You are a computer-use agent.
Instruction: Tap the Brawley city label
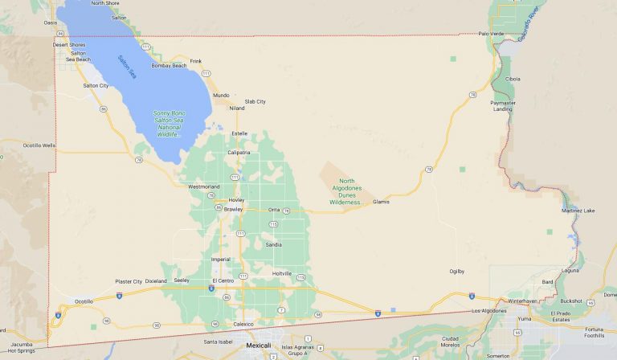[x=233, y=209]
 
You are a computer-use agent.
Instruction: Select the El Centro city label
[x=223, y=280]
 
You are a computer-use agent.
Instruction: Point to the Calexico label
[x=243, y=324]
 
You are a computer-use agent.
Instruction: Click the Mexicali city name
[x=258, y=345]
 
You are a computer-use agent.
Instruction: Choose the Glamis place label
[x=381, y=202]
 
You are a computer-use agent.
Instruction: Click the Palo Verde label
[x=489, y=34]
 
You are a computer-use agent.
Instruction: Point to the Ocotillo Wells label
[x=39, y=145]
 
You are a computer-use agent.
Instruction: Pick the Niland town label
[x=236, y=108]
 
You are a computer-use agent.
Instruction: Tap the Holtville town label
[x=282, y=273]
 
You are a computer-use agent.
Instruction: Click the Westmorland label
[x=203, y=186]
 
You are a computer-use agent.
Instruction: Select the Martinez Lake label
[x=578, y=211]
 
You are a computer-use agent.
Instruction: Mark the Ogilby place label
[x=457, y=272]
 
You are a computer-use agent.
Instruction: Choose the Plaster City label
[x=129, y=281]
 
